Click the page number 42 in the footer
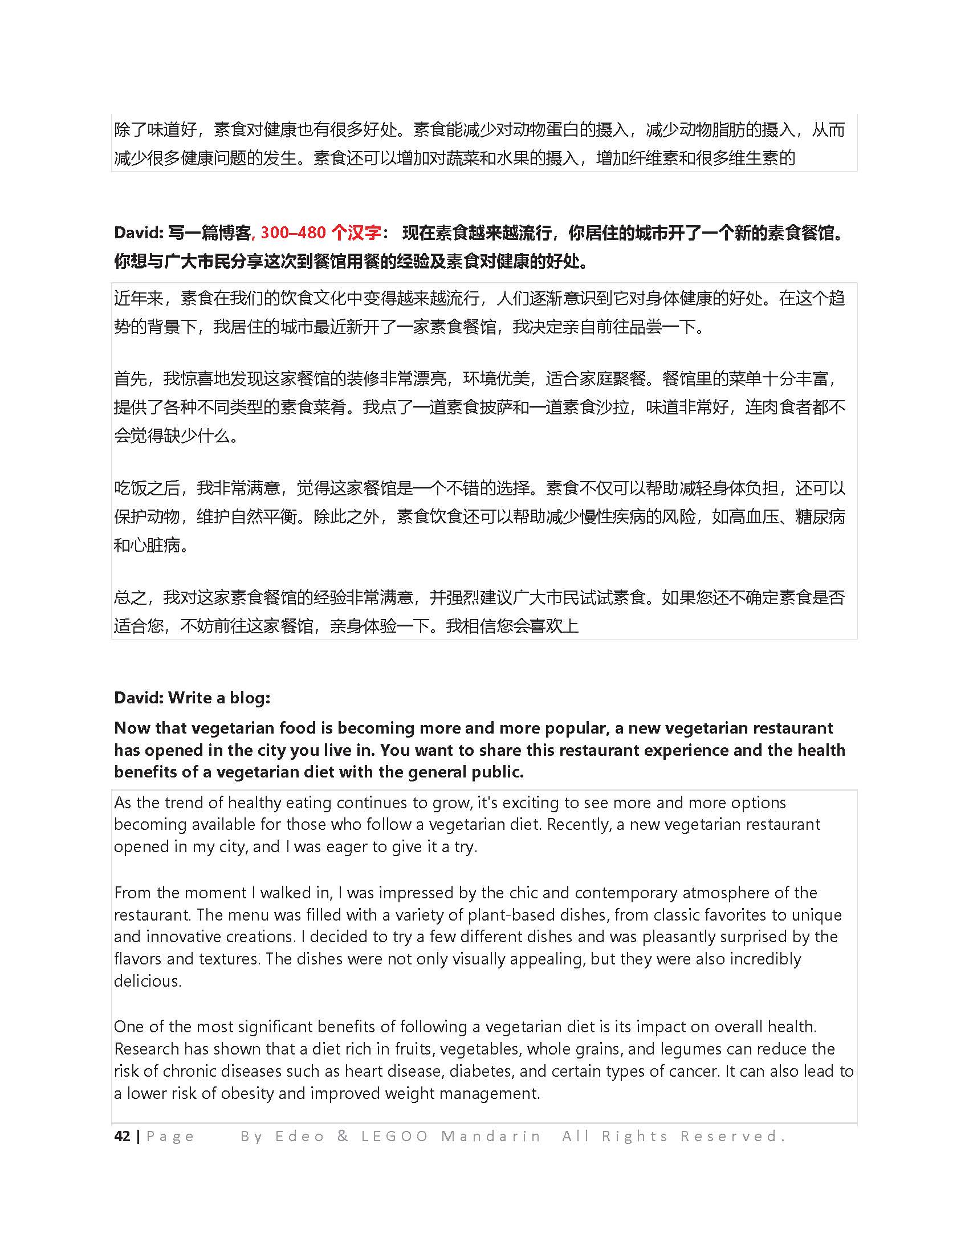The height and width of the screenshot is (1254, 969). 122,1135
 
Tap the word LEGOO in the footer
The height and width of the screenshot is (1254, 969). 394,1135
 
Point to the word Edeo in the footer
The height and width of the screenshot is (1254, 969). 300,1135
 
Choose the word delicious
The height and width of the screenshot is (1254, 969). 148,981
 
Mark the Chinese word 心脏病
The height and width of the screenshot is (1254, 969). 156,545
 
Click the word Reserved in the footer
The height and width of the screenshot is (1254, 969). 732,1135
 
